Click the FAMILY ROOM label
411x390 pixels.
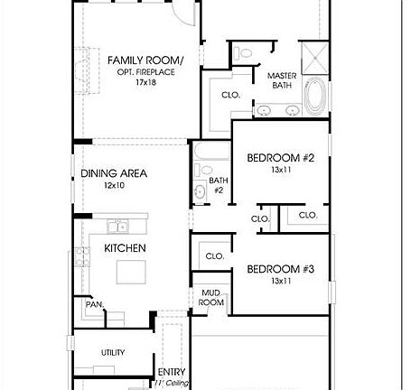145,60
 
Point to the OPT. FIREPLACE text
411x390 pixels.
145,71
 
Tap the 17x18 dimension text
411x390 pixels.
145,82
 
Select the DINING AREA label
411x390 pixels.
114,173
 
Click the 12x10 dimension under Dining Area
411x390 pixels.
115,185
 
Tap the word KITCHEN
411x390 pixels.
126,247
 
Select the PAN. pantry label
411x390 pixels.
93,304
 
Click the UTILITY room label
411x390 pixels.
113,352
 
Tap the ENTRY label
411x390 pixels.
172,371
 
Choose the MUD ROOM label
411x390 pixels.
211,297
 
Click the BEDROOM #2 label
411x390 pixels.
280,158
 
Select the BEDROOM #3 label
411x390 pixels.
280,269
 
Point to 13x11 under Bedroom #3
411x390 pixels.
280,281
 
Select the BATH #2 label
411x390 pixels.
217,185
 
